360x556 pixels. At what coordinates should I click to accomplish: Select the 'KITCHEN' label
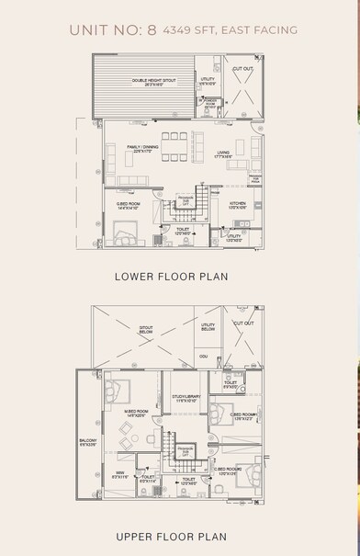(x=237, y=202)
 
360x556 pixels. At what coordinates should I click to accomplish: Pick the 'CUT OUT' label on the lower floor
(x=243, y=69)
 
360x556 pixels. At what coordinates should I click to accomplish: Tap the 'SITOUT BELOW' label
(x=146, y=326)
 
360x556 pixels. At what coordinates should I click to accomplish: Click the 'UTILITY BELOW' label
(x=208, y=326)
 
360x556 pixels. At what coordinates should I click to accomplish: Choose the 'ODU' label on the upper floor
(x=204, y=357)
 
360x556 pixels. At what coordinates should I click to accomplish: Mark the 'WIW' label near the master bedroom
(x=119, y=474)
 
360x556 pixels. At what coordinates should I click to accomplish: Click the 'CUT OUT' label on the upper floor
(x=243, y=323)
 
